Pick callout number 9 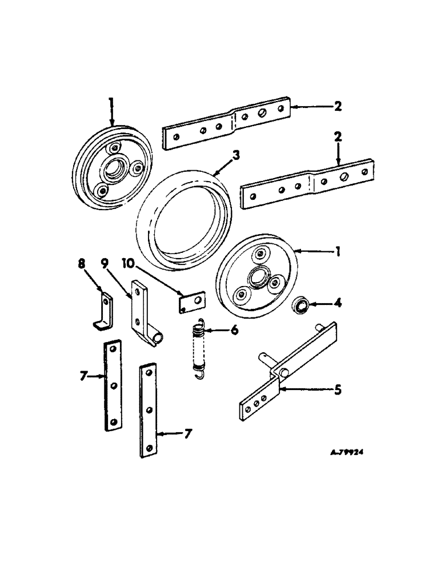pyautogui.click(x=105, y=264)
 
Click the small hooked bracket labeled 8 pyautogui.click(x=103, y=311)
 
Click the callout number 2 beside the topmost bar pyautogui.click(x=338, y=106)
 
